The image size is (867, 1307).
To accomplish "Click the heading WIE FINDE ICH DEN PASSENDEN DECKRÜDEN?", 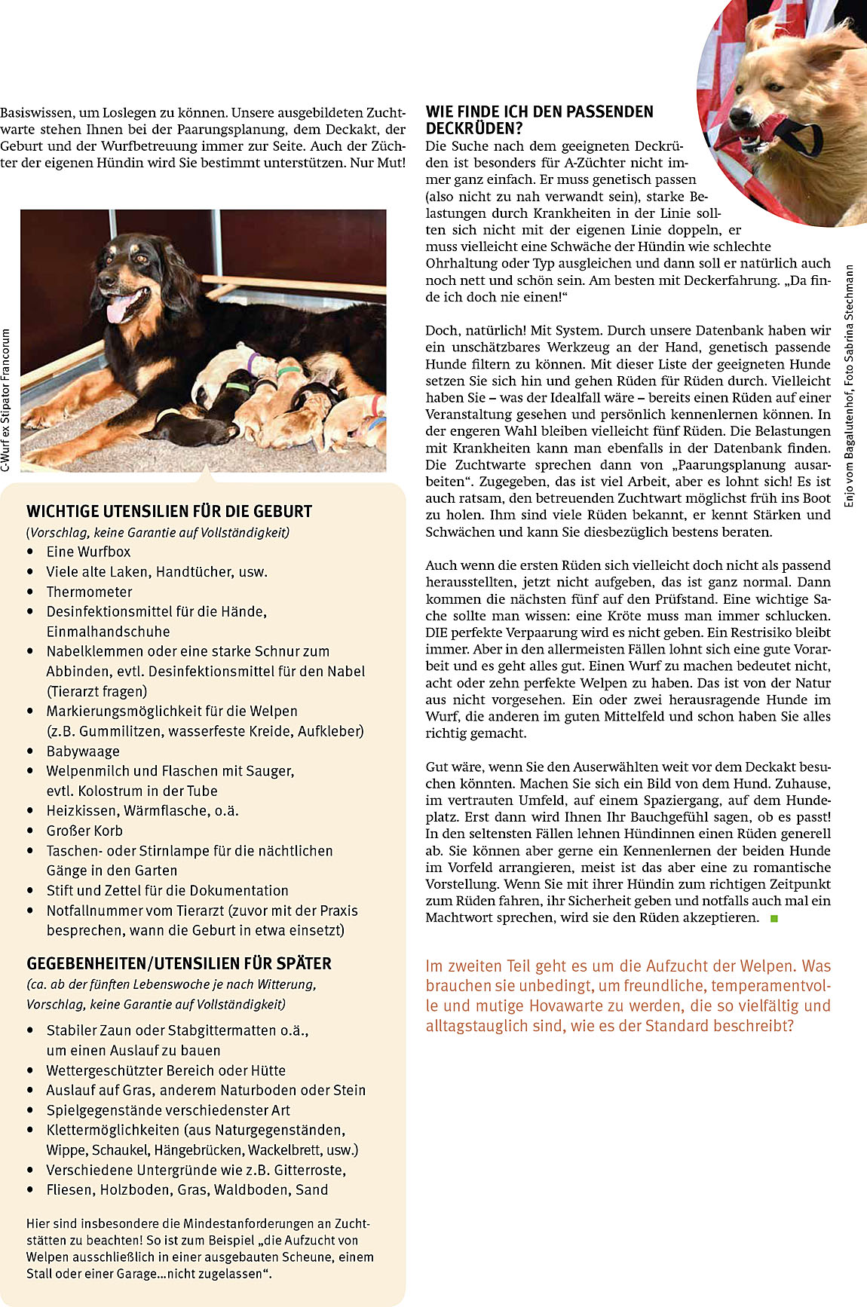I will click(539, 120).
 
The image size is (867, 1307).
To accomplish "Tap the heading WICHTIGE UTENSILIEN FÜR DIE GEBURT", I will click(169, 511).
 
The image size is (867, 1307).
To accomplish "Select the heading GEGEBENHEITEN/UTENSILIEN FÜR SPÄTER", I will click(179, 963).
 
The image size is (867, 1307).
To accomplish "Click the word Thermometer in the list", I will click(89, 592).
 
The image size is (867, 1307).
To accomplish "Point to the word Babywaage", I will click(83, 751).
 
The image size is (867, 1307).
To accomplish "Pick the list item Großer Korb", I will click(84, 831).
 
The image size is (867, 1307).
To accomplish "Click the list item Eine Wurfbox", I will click(88, 552).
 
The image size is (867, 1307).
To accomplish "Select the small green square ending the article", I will click(774, 918).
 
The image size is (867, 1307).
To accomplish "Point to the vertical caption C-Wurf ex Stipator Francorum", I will click(7, 399).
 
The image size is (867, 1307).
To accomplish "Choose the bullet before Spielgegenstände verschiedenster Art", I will click(30, 1110).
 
